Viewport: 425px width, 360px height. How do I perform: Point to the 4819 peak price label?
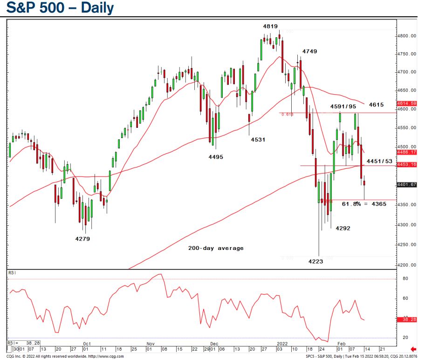[270, 27]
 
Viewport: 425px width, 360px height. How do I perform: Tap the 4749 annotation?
[310, 51]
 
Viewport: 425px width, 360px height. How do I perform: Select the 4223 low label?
[315, 261]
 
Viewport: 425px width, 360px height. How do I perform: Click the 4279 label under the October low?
[82, 239]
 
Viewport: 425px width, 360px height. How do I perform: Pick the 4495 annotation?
[216, 157]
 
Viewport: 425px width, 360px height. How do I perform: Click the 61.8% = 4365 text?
[364, 204]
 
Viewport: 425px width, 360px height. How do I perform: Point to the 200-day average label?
[216, 248]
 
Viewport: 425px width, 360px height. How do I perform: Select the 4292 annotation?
[343, 228]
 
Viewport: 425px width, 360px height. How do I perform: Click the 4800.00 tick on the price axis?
[407, 36]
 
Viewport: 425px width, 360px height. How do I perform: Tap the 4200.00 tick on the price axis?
[407, 265]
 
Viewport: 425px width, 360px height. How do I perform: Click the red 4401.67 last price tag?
[407, 185]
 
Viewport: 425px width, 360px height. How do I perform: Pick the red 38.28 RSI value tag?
[407, 320]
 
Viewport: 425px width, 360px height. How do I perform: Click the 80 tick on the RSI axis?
[405, 278]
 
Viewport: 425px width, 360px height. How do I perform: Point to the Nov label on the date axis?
[151, 344]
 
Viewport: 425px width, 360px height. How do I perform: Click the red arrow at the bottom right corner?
[413, 348]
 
